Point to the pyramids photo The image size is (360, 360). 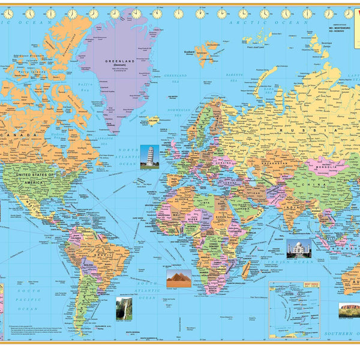(x=178, y=278)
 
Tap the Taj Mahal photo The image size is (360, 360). (x=298, y=248)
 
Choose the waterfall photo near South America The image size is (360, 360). (x=124, y=308)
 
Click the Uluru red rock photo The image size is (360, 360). (x=350, y=310)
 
